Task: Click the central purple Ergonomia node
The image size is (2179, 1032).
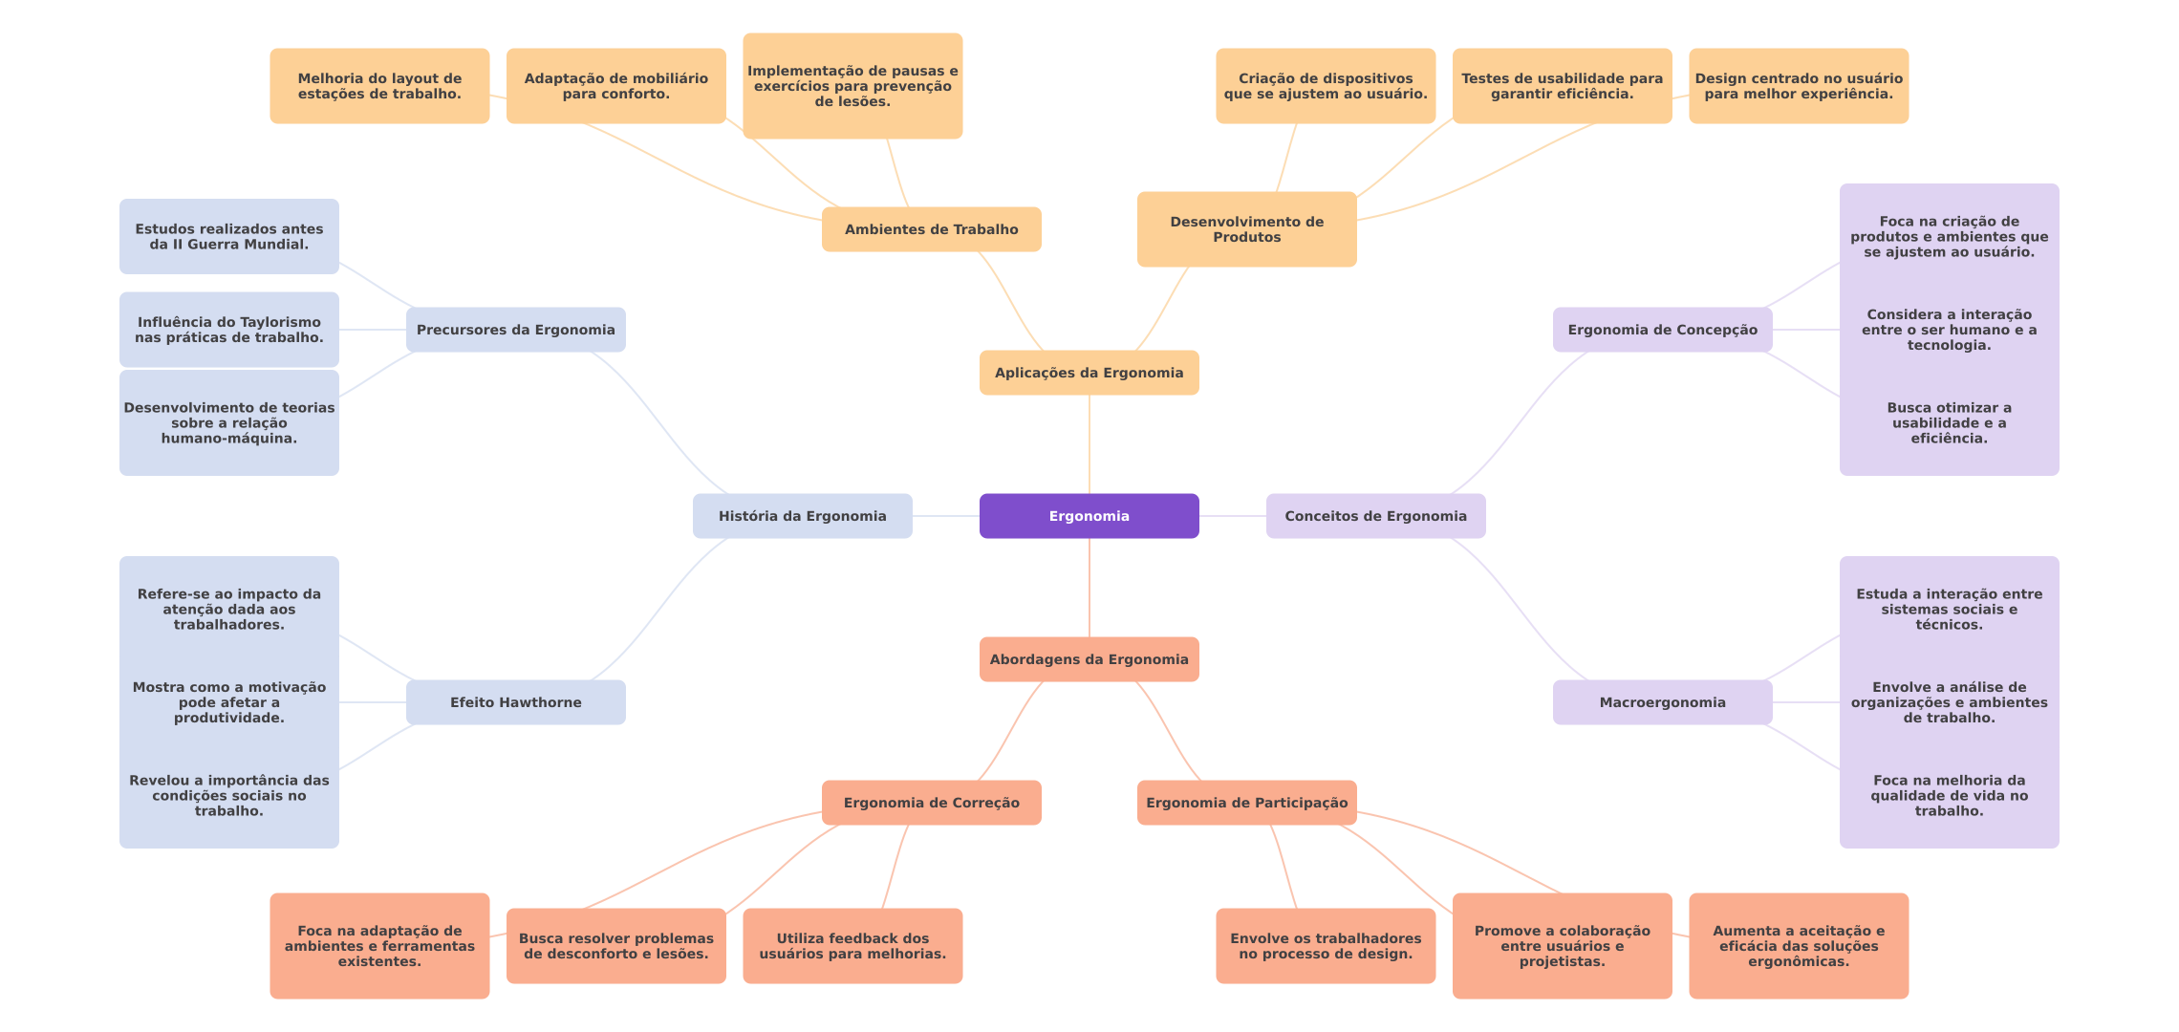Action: (1089, 516)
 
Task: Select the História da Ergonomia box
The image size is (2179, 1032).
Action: (802, 516)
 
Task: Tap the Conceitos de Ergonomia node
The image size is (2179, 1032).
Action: (1375, 516)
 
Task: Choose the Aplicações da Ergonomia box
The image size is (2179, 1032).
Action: (1089, 373)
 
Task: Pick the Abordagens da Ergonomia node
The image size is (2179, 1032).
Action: (1089, 659)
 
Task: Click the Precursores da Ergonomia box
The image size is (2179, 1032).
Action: (515, 330)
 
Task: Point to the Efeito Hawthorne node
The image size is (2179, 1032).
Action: (515, 702)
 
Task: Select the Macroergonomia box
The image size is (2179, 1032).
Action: (1662, 702)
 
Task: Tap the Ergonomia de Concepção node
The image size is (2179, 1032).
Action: (1662, 330)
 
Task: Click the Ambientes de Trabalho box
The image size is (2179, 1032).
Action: (931, 229)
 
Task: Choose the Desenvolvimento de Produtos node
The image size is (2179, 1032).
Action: (1246, 229)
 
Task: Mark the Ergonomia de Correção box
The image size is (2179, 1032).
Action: (931, 803)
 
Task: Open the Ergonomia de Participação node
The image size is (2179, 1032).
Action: (1246, 803)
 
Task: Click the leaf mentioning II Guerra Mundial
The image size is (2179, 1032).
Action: (228, 236)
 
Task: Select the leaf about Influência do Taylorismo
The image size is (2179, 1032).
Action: (228, 330)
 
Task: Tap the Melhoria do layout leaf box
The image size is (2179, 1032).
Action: (379, 86)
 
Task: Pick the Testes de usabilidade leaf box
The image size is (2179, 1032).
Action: (1562, 86)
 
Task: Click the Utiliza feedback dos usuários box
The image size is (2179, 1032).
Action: (852, 946)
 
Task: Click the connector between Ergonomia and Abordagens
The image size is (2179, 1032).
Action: (1089, 588)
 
